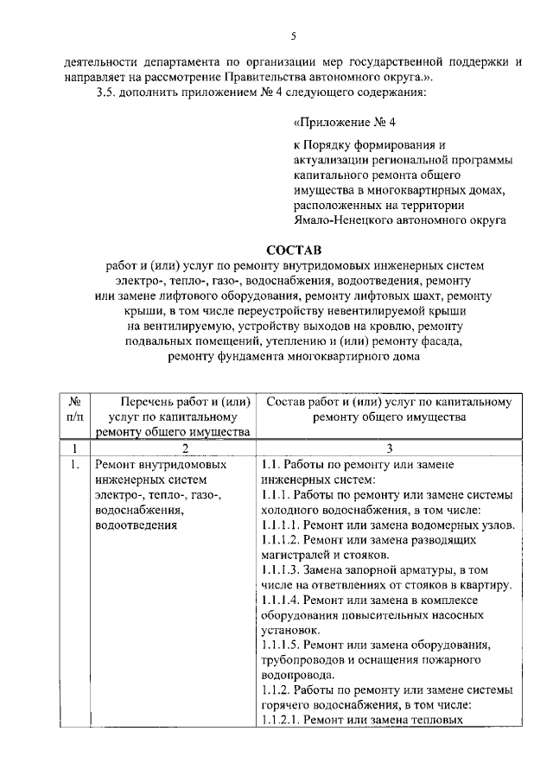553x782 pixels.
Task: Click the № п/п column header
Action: tap(75, 410)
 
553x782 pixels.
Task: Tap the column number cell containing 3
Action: tap(389, 448)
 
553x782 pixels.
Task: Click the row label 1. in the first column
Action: tap(75, 465)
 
